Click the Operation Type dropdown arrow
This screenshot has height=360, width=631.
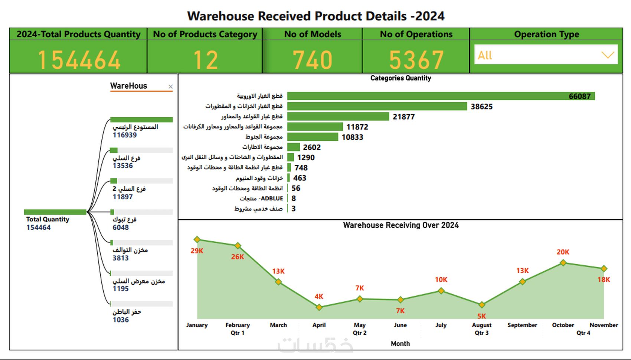(x=607, y=55)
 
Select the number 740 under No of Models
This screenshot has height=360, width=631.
(x=312, y=60)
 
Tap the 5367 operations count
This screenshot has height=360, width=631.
(x=416, y=60)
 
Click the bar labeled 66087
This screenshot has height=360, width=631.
(x=441, y=96)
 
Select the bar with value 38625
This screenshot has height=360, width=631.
(x=377, y=107)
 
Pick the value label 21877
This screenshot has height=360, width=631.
(x=403, y=117)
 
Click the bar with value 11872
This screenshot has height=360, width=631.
(x=315, y=127)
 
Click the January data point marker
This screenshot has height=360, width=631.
(x=197, y=239)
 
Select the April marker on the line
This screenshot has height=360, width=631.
(x=319, y=307)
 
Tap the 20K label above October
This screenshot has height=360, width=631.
(x=563, y=252)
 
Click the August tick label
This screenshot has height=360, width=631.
(x=481, y=325)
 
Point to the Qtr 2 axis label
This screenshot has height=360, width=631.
(x=359, y=333)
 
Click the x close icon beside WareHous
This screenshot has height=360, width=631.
(x=170, y=87)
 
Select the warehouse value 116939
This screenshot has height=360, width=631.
(x=125, y=135)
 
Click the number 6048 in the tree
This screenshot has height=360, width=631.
(x=121, y=228)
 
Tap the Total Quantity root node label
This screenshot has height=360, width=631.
(x=48, y=219)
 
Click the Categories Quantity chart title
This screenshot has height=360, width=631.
(x=400, y=78)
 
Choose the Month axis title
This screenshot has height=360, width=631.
(x=400, y=344)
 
